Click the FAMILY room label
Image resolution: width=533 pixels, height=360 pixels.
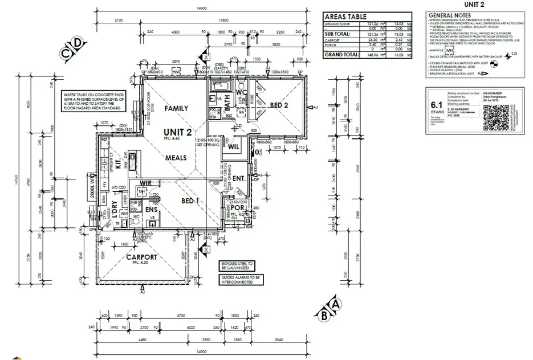[176, 108]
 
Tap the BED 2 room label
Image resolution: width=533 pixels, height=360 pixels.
[279, 105]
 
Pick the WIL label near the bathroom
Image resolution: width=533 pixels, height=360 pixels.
[233, 147]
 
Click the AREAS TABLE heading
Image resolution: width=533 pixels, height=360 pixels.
[346, 17]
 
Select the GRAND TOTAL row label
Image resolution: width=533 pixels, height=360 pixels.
[340, 55]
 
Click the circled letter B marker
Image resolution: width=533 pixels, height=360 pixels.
[324, 313]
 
